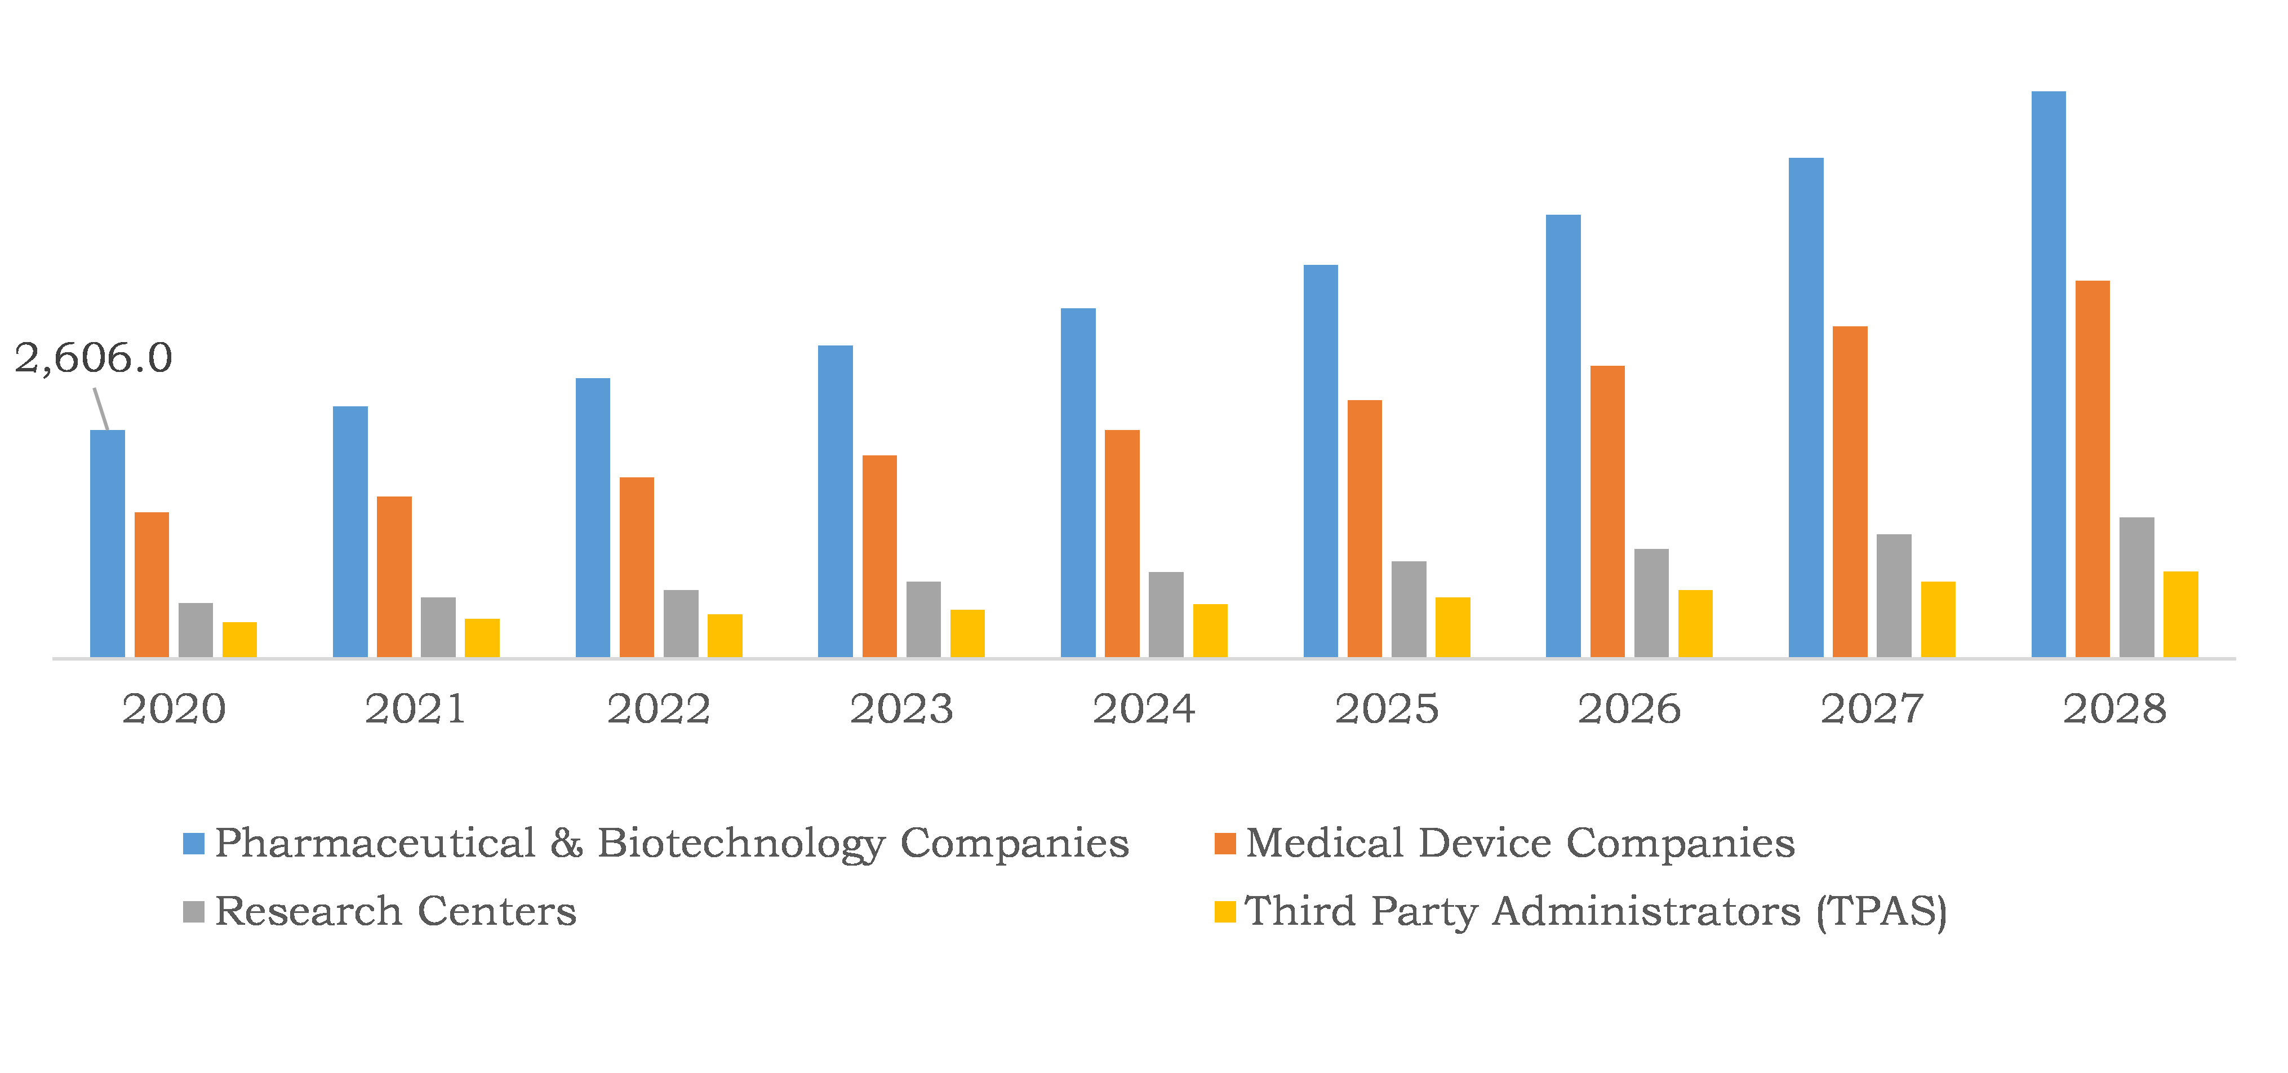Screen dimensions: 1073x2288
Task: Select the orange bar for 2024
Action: point(1122,544)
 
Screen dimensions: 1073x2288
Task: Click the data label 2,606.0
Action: point(94,358)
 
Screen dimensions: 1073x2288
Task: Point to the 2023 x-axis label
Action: point(901,709)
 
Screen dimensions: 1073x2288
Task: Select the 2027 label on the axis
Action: point(1872,709)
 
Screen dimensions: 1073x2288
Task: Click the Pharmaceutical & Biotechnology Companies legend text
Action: point(670,843)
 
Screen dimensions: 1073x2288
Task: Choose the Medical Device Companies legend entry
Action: point(1520,843)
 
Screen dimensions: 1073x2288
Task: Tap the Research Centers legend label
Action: point(396,911)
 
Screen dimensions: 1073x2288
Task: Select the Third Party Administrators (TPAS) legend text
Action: point(1595,911)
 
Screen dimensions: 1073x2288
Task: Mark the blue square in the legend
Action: point(194,844)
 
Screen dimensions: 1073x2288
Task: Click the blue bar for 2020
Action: point(108,544)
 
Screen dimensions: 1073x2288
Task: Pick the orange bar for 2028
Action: point(2092,469)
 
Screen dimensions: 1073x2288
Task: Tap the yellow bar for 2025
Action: point(1452,627)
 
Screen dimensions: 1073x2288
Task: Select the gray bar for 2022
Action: point(681,623)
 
